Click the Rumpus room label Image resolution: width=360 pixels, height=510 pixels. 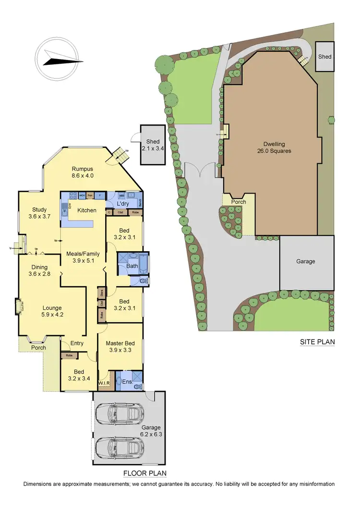[82, 172]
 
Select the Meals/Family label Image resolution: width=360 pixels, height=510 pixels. [79, 257]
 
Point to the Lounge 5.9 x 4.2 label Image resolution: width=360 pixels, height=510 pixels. [52, 312]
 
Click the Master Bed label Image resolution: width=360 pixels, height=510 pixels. [120, 347]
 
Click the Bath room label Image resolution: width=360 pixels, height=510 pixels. [132, 266]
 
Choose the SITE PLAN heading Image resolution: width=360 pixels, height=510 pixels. [317, 342]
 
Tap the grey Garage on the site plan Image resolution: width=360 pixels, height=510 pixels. [306, 262]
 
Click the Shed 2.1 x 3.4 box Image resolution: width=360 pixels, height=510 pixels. [153, 145]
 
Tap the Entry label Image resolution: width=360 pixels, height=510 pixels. [77, 343]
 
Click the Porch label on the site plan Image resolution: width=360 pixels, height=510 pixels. [239, 202]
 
